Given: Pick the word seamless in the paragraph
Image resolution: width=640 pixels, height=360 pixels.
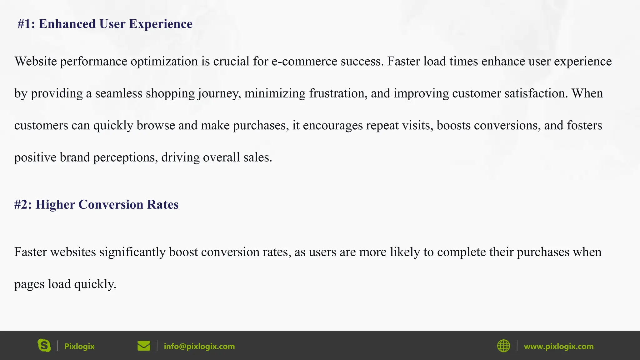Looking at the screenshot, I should click(x=119, y=93).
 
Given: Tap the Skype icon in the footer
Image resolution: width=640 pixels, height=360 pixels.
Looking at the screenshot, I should click(x=44, y=346).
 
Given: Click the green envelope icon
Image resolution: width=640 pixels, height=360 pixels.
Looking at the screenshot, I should click(x=144, y=346).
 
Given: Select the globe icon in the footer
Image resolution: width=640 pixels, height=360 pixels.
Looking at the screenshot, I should click(x=503, y=346).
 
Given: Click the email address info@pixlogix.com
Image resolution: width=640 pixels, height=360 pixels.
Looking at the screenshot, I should click(x=199, y=346).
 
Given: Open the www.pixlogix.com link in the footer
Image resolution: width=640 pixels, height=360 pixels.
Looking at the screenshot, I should click(x=558, y=346).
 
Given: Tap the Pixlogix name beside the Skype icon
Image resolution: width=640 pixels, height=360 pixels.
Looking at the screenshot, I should click(x=79, y=346).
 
